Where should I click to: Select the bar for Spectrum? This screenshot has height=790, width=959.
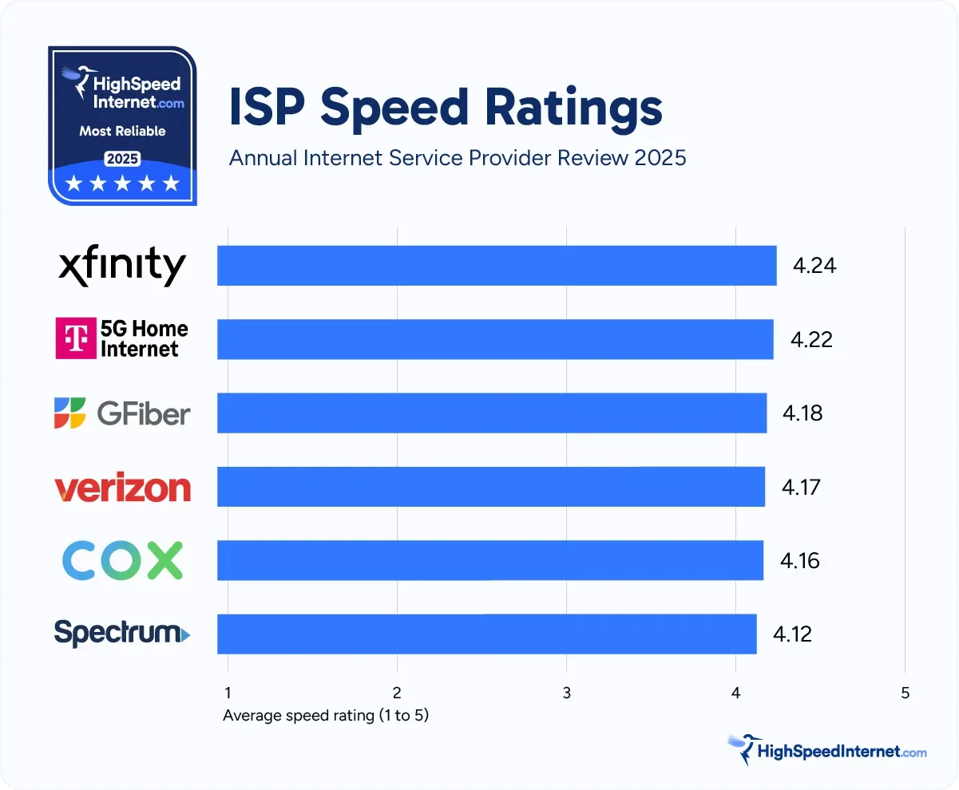point(487,634)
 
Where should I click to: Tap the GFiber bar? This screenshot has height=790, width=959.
point(492,413)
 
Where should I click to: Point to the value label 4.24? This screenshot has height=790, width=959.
point(814,266)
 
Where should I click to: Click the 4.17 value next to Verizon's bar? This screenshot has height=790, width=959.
point(802,487)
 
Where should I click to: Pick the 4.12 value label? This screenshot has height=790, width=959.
point(792,634)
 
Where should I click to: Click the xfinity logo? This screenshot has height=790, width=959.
point(122,266)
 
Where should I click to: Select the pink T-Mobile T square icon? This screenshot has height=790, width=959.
point(75,338)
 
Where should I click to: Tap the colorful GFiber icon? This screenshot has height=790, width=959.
point(70,413)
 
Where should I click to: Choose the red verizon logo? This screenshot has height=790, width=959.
point(122,488)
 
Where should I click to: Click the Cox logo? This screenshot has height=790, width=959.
point(122,560)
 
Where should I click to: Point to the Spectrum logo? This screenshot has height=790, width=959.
point(122,634)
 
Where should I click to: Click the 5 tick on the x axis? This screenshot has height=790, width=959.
point(905,693)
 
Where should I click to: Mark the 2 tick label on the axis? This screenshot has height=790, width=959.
point(397,693)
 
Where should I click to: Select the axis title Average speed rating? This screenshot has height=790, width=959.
point(326,716)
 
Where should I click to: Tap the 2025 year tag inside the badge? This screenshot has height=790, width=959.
point(123,159)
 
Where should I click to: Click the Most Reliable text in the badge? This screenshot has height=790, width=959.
point(122,131)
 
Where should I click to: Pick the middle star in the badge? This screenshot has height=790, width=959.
point(122,184)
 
